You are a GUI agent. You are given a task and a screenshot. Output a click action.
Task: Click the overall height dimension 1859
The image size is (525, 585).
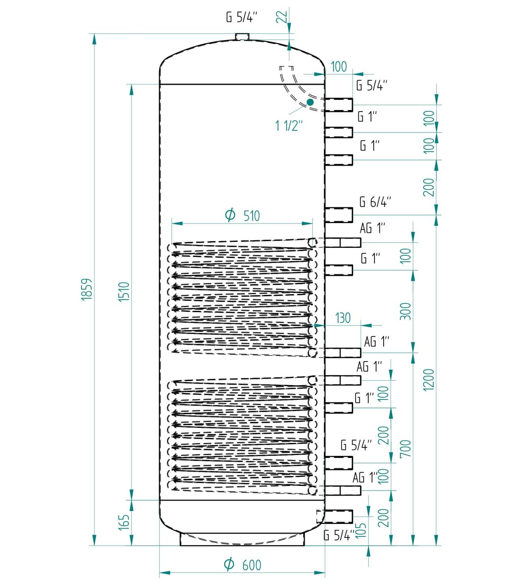coord(87,289)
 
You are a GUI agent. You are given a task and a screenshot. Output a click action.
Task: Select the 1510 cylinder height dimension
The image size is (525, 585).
coord(124,292)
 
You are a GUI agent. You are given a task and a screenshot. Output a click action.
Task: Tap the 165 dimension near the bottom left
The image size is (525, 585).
coord(124,522)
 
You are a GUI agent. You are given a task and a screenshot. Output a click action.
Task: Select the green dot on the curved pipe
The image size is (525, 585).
coord(310,102)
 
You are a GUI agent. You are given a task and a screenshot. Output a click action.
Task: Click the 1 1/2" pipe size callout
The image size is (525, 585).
coord(289,126)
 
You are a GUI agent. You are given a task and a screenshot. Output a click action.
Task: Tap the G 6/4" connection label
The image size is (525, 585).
coord(375,202)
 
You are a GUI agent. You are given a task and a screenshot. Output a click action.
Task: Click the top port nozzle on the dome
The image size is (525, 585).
coord(242,37)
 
